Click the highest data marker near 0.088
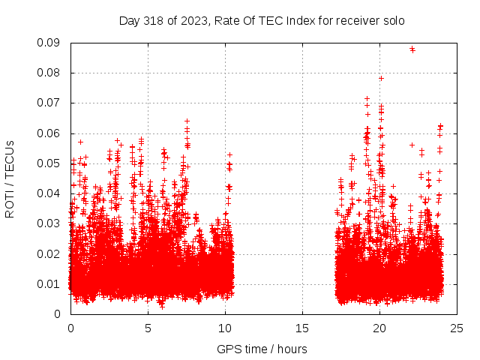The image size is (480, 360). tap(412, 49)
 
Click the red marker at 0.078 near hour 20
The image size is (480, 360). tap(381, 78)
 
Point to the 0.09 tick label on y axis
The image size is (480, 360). tap(50, 43)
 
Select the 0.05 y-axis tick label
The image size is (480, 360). tap(50, 163)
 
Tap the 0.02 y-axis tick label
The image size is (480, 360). tap(50, 253)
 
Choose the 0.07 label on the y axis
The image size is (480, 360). tap(50, 103)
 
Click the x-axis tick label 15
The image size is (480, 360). tap(302, 328)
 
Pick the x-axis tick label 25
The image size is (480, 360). tap(457, 328)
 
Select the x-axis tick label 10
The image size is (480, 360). tap(225, 328)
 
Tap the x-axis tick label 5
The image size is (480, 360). tap(148, 328)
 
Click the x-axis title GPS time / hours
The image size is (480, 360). tap(262, 349)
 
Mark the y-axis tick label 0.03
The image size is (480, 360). tap(50, 223)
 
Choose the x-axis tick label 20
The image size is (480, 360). tap(379, 328)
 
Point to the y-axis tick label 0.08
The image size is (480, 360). tap(50, 73)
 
